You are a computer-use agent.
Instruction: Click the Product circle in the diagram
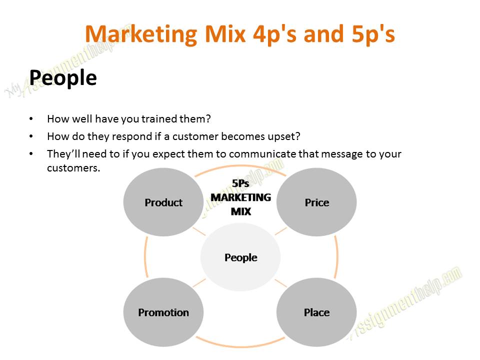click(x=163, y=202)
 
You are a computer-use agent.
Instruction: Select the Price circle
click(x=316, y=202)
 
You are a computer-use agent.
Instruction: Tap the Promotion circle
click(x=163, y=312)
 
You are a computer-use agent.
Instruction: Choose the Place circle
click(x=316, y=312)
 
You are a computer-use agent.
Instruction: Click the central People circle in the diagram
click(x=240, y=257)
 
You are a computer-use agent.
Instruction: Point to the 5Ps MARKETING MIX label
click(x=240, y=197)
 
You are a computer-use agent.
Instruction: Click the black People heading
click(x=63, y=77)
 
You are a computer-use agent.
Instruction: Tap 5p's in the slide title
click(x=370, y=34)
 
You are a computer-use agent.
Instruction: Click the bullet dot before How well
click(x=31, y=119)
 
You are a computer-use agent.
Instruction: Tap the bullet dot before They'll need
click(x=31, y=153)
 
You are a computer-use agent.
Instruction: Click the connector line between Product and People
click(x=199, y=231)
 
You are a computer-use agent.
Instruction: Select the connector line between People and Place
click(x=281, y=283)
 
